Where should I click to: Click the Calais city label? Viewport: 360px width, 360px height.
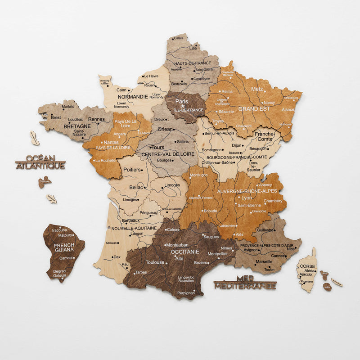178,39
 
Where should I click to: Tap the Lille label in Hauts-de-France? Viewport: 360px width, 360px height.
193,48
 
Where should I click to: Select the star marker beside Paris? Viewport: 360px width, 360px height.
183,107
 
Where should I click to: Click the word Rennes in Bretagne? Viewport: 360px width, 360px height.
96,119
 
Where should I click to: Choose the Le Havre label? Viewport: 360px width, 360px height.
152,76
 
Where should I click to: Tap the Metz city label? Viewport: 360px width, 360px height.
257,89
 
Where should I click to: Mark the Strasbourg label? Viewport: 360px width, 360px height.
291,98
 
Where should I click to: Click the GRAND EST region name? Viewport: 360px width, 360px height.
254,109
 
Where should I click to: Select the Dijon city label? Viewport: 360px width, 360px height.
237,145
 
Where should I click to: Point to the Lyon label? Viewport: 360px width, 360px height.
247,198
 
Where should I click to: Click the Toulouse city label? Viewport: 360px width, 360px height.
155,262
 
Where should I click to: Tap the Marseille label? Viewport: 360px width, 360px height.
264,261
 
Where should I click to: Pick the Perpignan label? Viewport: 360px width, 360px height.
186,292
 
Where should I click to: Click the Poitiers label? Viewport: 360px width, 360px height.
131,170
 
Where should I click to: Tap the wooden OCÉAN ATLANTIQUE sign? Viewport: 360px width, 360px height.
40,162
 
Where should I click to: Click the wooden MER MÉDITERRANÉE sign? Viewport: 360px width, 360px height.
245,282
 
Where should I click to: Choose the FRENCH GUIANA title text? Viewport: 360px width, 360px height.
64,247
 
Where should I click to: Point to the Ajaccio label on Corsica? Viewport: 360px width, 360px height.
306,274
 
